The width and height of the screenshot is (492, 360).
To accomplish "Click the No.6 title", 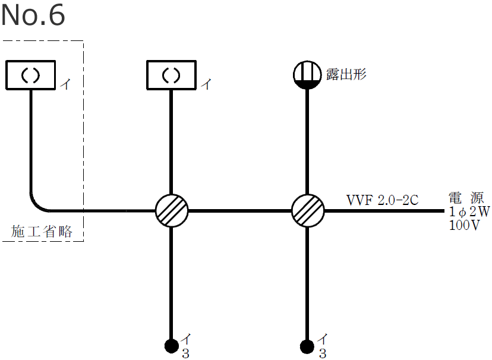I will click(33, 15).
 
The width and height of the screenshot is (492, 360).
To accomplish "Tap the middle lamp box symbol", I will click(171, 75).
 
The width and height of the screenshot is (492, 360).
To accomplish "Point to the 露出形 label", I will click(346, 74).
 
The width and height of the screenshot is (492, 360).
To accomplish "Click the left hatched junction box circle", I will click(171, 210).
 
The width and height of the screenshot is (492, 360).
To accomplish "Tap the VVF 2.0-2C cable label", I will click(382, 200).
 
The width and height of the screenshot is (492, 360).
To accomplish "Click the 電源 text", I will click(468, 198).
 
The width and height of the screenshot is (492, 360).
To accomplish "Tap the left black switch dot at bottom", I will click(171, 345).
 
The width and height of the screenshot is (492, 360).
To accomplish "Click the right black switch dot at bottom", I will click(307, 345).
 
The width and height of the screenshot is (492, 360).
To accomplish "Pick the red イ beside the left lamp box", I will click(65, 84).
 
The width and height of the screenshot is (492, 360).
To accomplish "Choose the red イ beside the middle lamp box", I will click(206, 84).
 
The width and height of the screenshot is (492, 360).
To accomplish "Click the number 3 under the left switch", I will click(185, 353).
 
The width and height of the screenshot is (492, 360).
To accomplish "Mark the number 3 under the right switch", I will click(322, 353).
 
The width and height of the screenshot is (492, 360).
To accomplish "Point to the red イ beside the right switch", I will click(322, 340).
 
